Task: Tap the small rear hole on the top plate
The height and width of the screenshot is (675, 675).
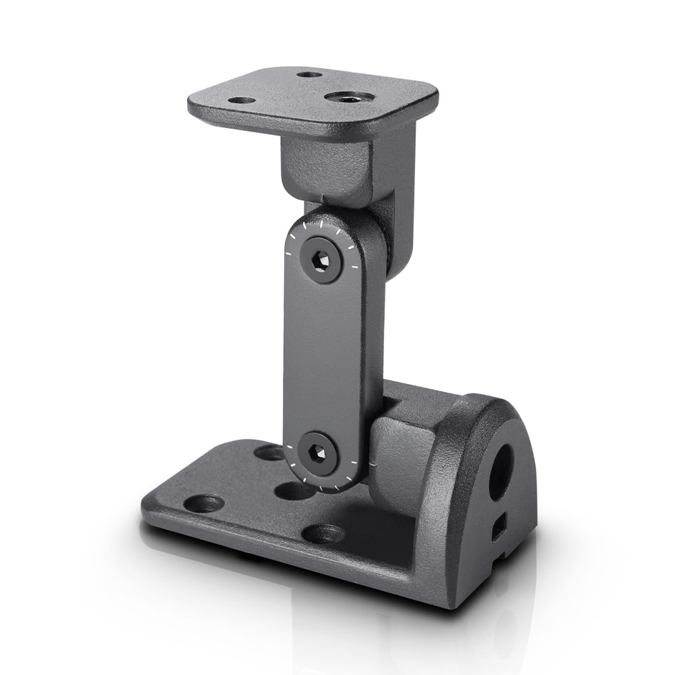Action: point(309,74)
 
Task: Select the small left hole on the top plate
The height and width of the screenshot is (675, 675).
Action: point(242,101)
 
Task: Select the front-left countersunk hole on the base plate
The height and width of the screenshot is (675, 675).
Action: point(203,503)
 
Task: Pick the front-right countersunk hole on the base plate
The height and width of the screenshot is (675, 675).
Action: point(323,534)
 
